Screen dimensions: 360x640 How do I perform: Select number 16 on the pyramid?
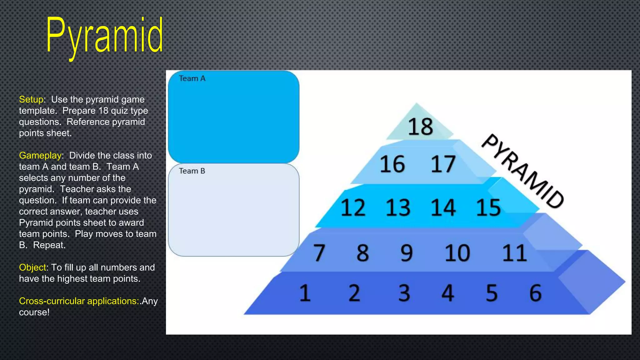coord(392,164)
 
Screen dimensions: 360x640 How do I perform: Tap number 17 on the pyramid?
coord(443,164)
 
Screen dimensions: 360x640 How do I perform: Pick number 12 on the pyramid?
coord(353,207)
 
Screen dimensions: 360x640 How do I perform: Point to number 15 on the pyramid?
coord(488,207)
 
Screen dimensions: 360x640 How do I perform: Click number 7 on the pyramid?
coord(319,252)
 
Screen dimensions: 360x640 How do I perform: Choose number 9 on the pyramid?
coord(407,252)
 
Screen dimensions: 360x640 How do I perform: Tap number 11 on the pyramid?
coord(514,252)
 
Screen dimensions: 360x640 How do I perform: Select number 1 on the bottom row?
coord(305,293)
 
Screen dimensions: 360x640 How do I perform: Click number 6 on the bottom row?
coord(535,293)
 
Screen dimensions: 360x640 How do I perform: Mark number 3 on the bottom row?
coord(404,293)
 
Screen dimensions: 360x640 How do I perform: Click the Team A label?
coord(192,78)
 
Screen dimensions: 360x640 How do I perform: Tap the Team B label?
coord(192,171)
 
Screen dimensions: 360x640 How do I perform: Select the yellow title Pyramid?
coord(105,36)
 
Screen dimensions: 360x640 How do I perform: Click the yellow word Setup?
coord(31,99)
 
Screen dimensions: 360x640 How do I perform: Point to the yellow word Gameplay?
coord(40,155)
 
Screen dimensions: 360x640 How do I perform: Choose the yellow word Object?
coord(33,267)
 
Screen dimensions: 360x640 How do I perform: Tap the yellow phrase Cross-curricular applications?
coord(79,301)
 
